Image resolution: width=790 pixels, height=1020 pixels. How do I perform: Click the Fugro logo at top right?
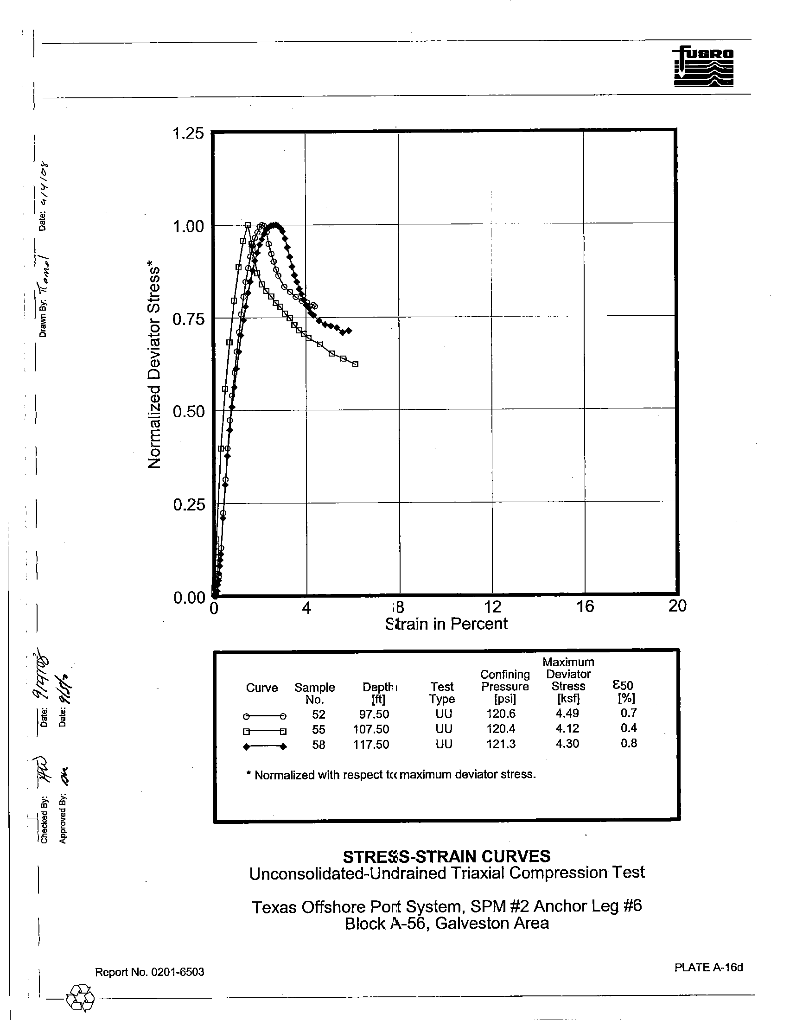703,66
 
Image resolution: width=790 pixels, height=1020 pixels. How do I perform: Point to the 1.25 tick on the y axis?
188,134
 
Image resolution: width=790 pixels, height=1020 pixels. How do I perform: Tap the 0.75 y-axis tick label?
188,319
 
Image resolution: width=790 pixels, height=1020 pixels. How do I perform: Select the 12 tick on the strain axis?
492,606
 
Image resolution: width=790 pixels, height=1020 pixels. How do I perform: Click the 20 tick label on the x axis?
677,606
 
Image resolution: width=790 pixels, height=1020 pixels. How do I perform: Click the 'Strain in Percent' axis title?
446,624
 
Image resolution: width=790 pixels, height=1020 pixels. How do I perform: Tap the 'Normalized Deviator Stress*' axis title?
154,368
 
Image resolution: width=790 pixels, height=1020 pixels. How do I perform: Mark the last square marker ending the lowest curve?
355,364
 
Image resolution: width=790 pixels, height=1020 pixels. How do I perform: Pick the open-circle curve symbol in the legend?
264,716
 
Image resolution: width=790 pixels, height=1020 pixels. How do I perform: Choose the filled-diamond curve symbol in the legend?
264,747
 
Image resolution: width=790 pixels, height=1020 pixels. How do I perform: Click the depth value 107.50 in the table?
371,729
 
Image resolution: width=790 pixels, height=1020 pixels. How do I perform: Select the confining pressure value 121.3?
501,744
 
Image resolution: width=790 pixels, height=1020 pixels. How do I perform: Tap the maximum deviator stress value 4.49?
567,713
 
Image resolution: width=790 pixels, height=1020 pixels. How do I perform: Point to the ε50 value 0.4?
629,728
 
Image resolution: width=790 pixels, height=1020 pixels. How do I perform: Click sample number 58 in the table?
319,745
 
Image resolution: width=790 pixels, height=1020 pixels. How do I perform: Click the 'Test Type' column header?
442,693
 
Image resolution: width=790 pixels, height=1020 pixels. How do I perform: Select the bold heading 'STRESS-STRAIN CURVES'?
446,856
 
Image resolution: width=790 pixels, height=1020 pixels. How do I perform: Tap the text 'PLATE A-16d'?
708,967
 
